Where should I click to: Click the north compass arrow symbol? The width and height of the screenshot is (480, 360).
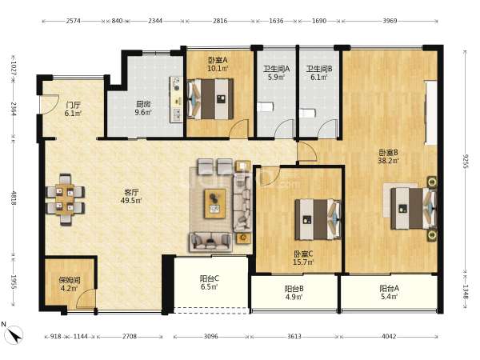coord(14,334)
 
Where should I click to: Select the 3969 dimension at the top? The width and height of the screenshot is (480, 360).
coord(390,21)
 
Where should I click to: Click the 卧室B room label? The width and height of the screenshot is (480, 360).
coord(389,152)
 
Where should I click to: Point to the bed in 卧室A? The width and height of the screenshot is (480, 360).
coord(210,99)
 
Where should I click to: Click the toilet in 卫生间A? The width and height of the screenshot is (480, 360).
coord(265,107)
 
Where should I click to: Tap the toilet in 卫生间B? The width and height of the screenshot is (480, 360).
coord(307,113)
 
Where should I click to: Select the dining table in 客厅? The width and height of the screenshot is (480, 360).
coord(65,199)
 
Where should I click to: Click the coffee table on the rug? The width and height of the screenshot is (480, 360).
coord(215,203)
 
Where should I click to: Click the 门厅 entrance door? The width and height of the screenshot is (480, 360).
coord(50,104)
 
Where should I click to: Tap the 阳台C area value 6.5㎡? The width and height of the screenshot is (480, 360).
coord(210,287)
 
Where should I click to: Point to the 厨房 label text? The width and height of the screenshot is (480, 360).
coord(143,104)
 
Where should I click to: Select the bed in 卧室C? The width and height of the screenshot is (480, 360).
coord(318,219)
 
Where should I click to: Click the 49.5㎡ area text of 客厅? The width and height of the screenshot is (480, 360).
coord(131,201)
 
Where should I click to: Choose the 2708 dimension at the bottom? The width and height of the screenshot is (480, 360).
coord(130,337)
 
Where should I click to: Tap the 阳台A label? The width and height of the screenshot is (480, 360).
coord(389,288)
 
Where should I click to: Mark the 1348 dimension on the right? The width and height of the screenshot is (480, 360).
coord(466,291)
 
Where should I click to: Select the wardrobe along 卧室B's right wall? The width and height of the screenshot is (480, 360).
coord(430,112)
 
